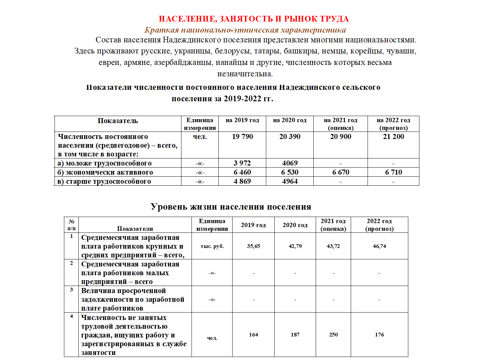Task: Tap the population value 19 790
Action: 242,137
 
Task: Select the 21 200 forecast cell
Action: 393,137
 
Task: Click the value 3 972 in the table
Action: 242,163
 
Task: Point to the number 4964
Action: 290,181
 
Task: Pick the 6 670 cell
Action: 341,172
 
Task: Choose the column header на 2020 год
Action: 290,120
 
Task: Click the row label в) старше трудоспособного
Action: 104,181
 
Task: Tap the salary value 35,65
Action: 253,246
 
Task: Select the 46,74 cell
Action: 379,246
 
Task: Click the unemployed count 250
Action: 333,335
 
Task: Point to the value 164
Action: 253,335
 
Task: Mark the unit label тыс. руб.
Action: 212,246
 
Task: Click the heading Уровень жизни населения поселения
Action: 231,207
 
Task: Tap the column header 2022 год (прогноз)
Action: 379,225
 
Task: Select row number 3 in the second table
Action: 71,290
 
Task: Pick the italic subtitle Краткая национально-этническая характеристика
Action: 245,30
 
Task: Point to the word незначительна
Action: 245,74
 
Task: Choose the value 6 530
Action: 290,172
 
